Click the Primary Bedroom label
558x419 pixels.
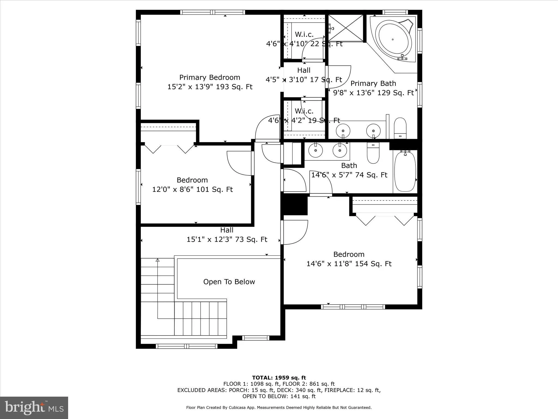pyautogui.click(x=210, y=77)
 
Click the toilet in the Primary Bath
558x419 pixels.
pyautogui.click(x=400, y=128)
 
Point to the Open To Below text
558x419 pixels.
pyautogui.click(x=229, y=282)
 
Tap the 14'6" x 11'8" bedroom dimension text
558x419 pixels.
pyautogui.click(x=349, y=264)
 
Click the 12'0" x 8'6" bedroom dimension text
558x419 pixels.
pyautogui.click(x=192, y=189)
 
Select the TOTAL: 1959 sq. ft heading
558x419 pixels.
pyautogui.click(x=279, y=378)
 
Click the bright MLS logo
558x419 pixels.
pyautogui.click(x=34, y=408)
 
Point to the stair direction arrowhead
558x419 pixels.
pyautogui.click(x=157, y=260)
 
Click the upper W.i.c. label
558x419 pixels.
pyautogui.click(x=304, y=35)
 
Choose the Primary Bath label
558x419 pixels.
pyautogui.click(x=373, y=83)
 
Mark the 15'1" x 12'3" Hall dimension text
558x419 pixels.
pyautogui.click(x=227, y=240)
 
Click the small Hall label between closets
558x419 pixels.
pyautogui.click(x=304, y=70)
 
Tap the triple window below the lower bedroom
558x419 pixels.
pyautogui.click(x=353, y=307)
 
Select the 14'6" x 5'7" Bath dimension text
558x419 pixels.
pyautogui.click(x=349, y=175)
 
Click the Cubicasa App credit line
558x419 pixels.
pyautogui.click(x=279, y=408)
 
